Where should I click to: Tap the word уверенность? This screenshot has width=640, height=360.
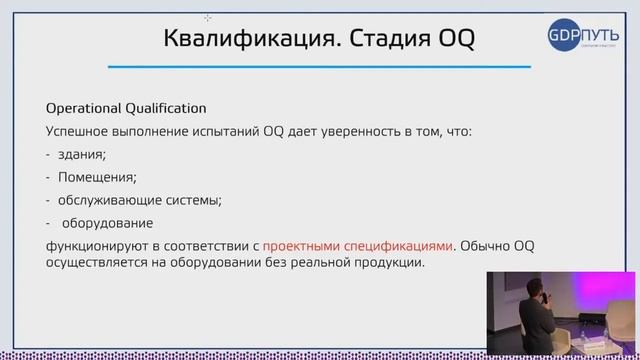pos(361,131)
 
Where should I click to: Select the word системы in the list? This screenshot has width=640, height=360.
pos(196,199)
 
